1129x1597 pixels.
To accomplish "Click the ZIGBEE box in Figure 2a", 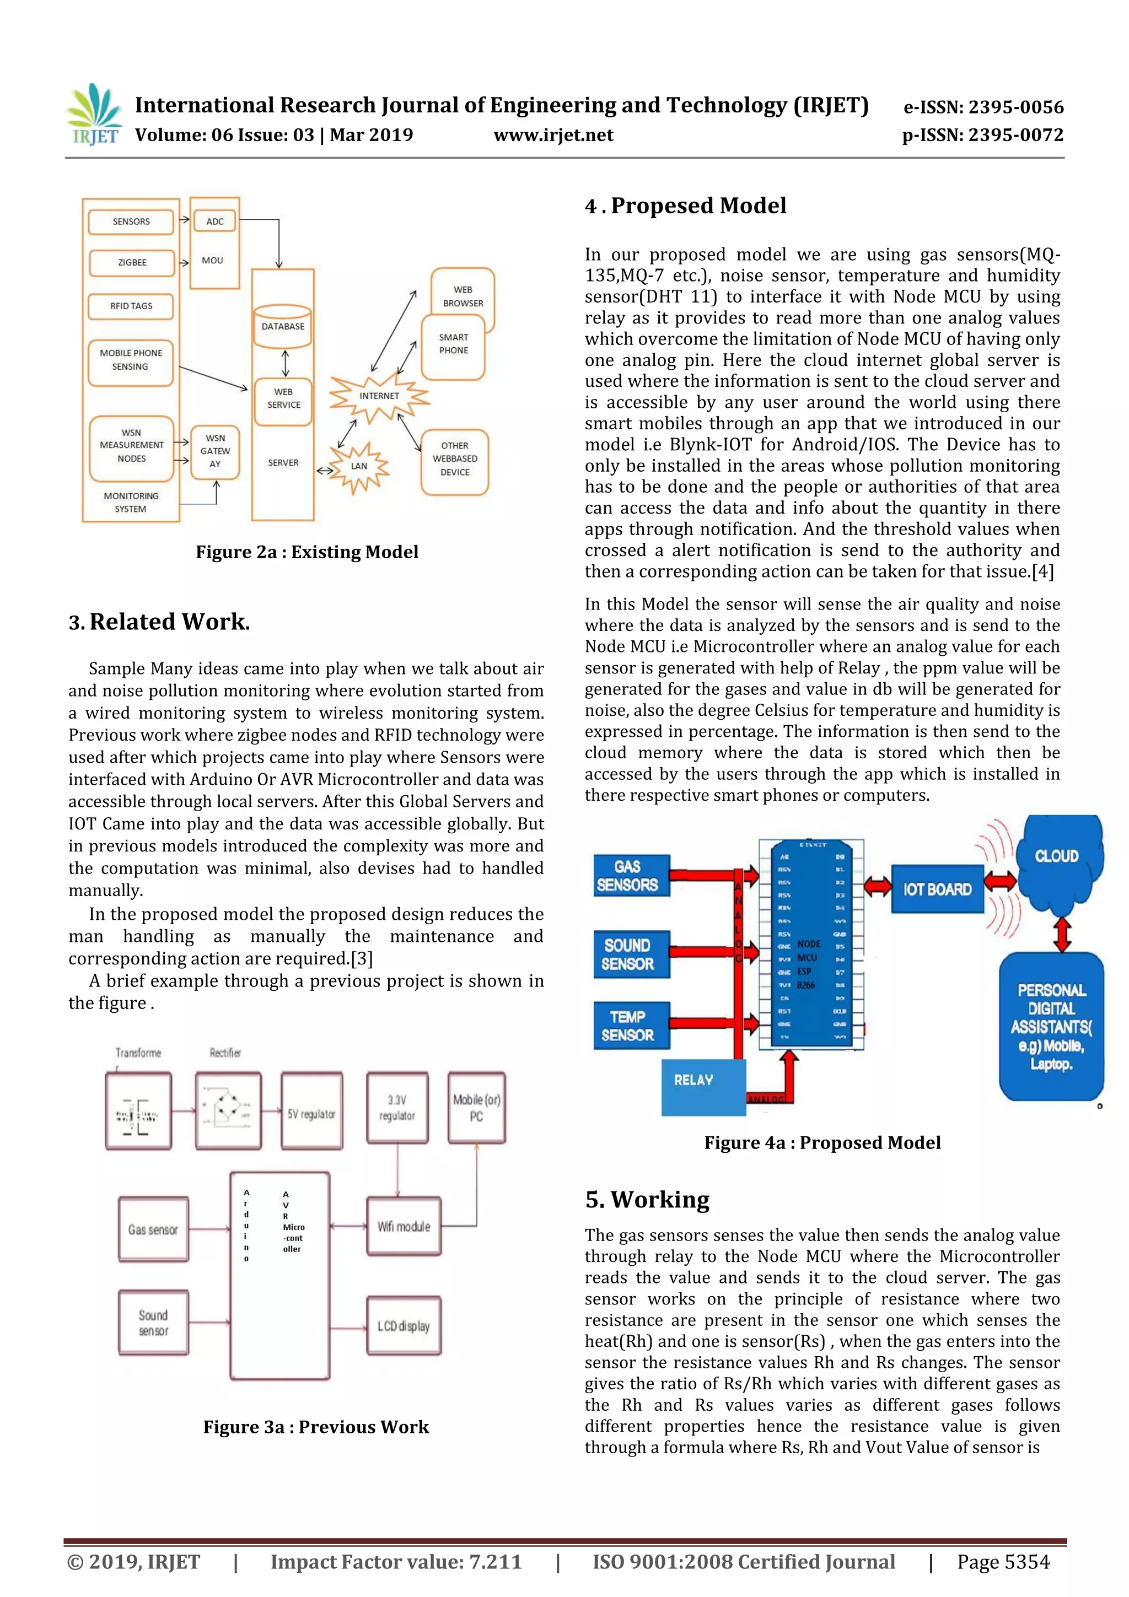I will (x=131, y=263).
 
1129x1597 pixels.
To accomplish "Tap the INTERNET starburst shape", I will (x=379, y=396).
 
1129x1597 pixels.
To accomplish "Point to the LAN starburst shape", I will (x=359, y=466).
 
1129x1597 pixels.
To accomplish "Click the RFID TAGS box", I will (x=131, y=306).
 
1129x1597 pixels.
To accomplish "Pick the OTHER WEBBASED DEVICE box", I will (x=455, y=459).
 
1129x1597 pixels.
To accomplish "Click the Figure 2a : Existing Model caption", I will (x=307, y=552).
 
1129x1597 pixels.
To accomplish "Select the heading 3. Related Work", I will (x=159, y=622).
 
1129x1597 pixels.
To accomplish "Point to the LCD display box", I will (x=404, y=1326).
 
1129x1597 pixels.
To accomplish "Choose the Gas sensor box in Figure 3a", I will (x=153, y=1230).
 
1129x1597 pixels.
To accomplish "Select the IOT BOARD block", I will (x=937, y=889).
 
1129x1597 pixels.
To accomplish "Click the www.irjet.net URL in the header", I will (x=553, y=135).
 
